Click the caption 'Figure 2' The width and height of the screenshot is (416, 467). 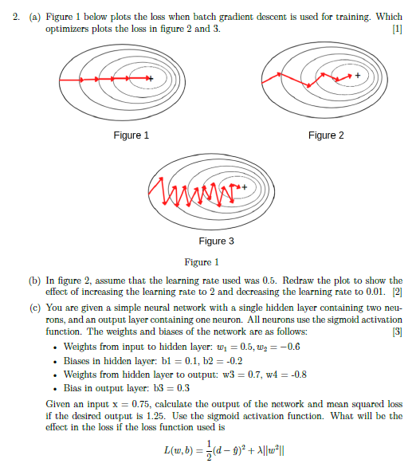click(x=327, y=135)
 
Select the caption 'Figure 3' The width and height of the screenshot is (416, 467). click(x=216, y=241)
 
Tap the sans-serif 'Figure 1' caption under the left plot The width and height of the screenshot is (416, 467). click(x=131, y=135)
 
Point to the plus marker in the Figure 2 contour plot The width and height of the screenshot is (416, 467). click(x=358, y=75)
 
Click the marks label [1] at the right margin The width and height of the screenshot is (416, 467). click(x=398, y=29)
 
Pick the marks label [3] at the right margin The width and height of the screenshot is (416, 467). click(x=398, y=331)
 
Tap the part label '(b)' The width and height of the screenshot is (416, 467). click(x=33, y=281)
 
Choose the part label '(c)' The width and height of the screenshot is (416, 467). click(x=33, y=307)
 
